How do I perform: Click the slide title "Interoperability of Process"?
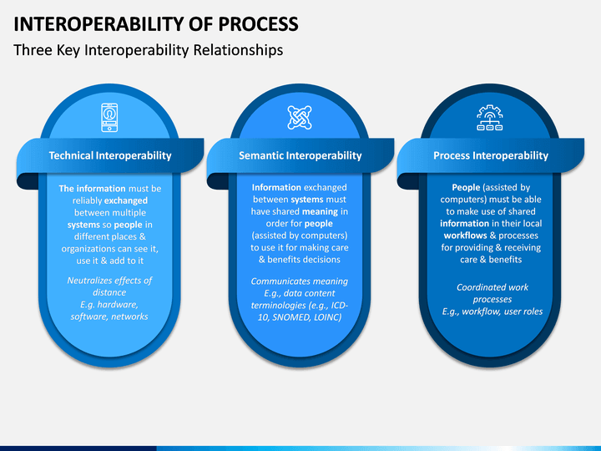[x=155, y=23]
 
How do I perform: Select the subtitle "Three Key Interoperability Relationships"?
[x=149, y=50]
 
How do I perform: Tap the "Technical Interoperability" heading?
[x=110, y=155]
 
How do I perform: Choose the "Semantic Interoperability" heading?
[x=300, y=155]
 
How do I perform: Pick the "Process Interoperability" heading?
[x=491, y=155]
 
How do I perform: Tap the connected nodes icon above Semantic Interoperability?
[x=300, y=117]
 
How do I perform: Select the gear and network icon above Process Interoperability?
[x=490, y=118]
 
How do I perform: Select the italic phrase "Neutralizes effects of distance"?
[x=109, y=286]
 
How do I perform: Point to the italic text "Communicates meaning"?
[x=300, y=281]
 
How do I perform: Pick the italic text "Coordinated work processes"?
[x=492, y=293]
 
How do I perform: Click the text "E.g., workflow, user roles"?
[x=492, y=311]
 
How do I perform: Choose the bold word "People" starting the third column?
[x=466, y=188]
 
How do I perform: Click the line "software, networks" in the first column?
[x=109, y=317]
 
